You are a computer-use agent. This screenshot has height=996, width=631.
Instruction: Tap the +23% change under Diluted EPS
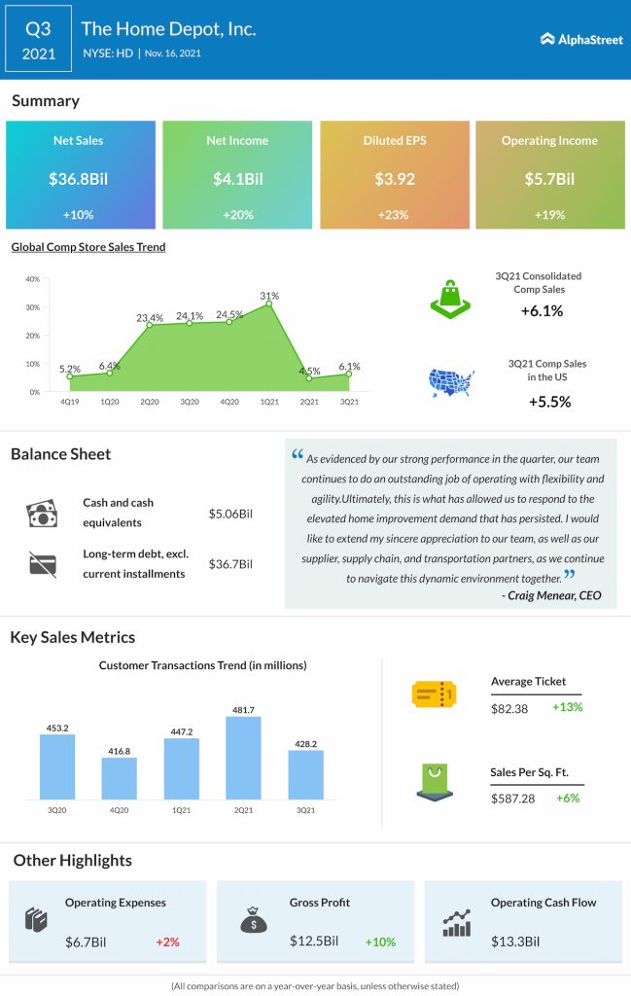point(394,213)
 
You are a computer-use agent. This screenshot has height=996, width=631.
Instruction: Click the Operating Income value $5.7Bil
point(549,179)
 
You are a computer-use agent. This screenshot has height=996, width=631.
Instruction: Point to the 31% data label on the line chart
point(269,296)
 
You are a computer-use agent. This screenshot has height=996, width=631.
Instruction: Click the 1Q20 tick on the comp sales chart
point(110,400)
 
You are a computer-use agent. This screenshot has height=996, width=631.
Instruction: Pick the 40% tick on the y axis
point(32,279)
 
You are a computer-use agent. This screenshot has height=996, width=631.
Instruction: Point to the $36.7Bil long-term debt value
point(230,564)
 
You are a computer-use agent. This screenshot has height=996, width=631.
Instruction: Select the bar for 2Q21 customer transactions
point(243,746)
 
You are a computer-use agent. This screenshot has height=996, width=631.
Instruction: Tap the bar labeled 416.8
point(119,778)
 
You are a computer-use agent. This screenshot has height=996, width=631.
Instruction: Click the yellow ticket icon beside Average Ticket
point(435,694)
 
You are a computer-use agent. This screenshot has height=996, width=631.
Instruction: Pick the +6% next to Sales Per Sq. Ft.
point(567,798)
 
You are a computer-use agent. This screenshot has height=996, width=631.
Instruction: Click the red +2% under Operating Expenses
point(166,942)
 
